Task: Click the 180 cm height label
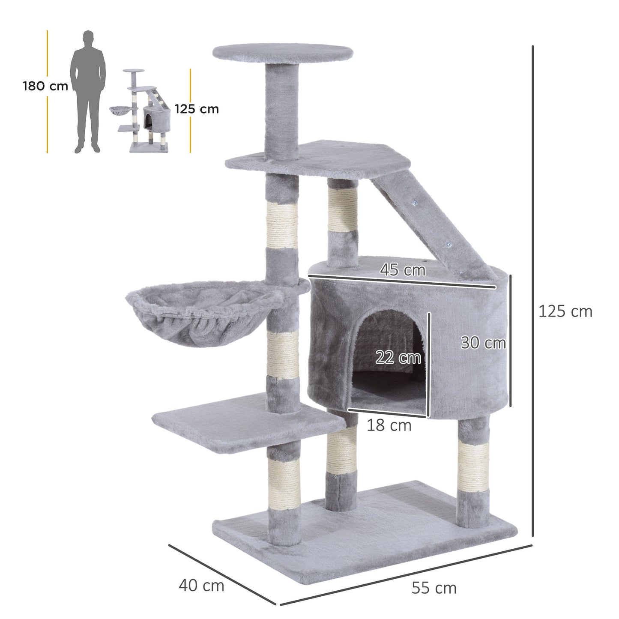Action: (45, 86)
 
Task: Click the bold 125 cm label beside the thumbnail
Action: (197, 109)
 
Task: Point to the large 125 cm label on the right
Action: (565, 311)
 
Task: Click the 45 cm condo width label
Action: (403, 270)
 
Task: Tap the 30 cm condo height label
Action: (483, 343)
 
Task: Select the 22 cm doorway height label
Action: (398, 357)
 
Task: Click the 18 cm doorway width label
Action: (389, 425)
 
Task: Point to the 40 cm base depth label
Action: (201, 585)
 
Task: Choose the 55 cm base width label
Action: (434, 588)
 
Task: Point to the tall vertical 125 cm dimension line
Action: (532, 291)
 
